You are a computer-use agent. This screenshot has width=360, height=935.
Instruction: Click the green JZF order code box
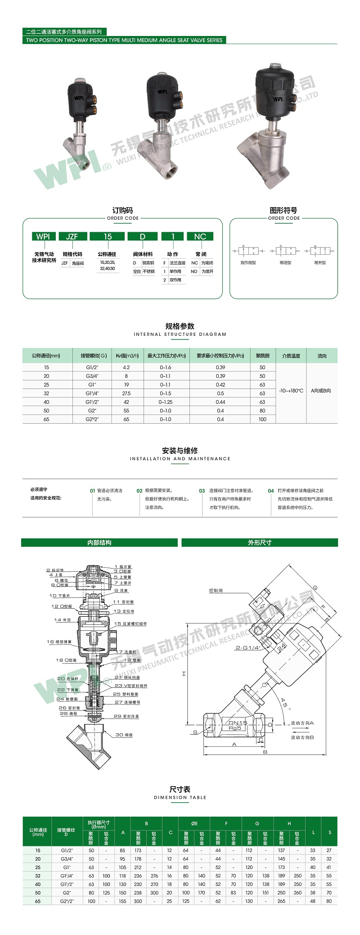click(72, 236)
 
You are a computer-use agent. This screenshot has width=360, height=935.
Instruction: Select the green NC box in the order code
click(200, 236)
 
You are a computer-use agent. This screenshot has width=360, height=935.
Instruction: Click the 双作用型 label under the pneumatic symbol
click(248, 262)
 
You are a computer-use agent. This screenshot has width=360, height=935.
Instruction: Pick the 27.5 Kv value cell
click(126, 393)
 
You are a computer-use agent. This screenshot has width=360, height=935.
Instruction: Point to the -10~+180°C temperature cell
click(291, 391)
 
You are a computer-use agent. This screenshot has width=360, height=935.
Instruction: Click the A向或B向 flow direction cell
click(321, 391)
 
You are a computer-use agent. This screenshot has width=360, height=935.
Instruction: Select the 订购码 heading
click(122, 210)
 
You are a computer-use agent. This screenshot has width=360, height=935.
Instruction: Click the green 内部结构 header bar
click(99, 542)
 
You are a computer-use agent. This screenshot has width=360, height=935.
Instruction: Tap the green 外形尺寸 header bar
click(260, 542)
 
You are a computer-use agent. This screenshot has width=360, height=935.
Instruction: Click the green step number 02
click(139, 491)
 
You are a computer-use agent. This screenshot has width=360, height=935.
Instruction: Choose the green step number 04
click(271, 491)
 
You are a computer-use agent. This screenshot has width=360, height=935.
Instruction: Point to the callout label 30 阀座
click(124, 735)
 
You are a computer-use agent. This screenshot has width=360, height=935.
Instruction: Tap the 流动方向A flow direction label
click(302, 723)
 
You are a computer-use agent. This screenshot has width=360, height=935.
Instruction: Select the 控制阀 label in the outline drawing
click(216, 590)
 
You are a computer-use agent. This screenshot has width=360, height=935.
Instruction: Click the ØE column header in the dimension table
click(194, 823)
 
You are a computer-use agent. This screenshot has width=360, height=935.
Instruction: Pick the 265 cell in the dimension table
click(281, 901)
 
